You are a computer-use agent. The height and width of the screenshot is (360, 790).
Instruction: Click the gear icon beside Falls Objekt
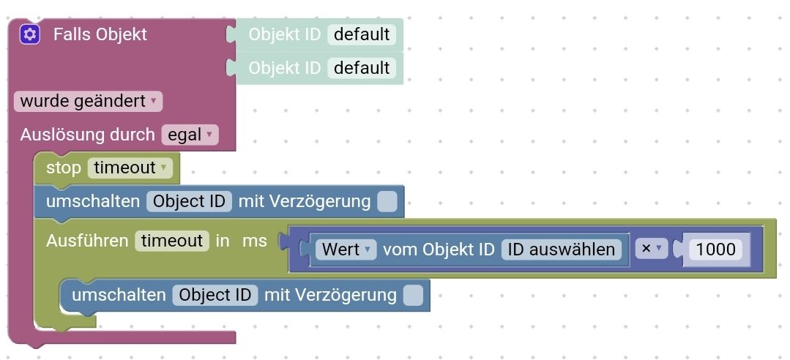click(x=29, y=34)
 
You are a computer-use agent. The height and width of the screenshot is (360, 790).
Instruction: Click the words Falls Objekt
click(x=100, y=34)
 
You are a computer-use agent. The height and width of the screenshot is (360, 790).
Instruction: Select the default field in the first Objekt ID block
click(x=361, y=34)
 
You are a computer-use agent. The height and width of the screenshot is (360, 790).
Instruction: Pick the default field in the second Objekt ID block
click(x=361, y=68)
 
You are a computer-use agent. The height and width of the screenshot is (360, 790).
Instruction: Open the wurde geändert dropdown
click(x=88, y=101)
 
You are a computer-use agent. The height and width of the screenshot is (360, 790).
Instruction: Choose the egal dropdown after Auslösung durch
click(x=190, y=135)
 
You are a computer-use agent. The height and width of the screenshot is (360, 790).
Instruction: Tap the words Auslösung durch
click(x=87, y=135)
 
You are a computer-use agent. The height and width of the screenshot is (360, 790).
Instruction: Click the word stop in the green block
click(x=63, y=168)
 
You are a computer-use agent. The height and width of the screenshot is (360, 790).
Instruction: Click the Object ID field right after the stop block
click(x=189, y=201)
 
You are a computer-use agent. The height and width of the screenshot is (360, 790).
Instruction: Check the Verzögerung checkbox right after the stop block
click(x=387, y=202)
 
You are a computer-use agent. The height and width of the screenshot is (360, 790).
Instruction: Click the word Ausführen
click(x=87, y=241)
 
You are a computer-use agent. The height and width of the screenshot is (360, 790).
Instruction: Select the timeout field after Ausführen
click(x=172, y=241)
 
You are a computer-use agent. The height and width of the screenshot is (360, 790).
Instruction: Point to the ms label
click(x=254, y=241)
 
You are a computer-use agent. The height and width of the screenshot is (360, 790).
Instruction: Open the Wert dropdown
click(x=346, y=250)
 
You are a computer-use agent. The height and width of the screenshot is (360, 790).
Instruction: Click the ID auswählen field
click(x=561, y=250)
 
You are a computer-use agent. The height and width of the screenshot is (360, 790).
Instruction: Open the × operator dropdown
click(x=651, y=249)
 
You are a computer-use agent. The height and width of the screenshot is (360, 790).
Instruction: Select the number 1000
click(x=715, y=250)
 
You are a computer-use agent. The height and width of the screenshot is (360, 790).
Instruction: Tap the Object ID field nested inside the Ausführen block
click(x=215, y=295)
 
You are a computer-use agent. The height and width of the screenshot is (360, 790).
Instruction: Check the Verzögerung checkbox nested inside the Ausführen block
click(x=413, y=295)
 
